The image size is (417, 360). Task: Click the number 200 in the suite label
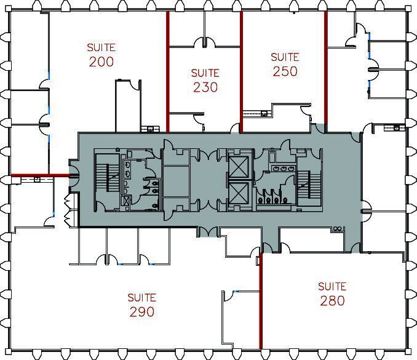pyautogui.click(x=101, y=62)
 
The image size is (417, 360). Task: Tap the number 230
pyautogui.click(x=205, y=87)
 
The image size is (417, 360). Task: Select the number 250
pyautogui.click(x=285, y=71)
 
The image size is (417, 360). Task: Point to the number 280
pyautogui.click(x=332, y=301)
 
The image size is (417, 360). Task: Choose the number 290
pyautogui.click(x=141, y=312)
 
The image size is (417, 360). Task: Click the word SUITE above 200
pyautogui.click(x=101, y=47)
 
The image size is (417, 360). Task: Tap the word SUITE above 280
pyautogui.click(x=332, y=286)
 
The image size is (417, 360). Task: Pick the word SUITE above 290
pyautogui.click(x=141, y=297)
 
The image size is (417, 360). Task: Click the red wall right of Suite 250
pyautogui.click(x=325, y=68)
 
